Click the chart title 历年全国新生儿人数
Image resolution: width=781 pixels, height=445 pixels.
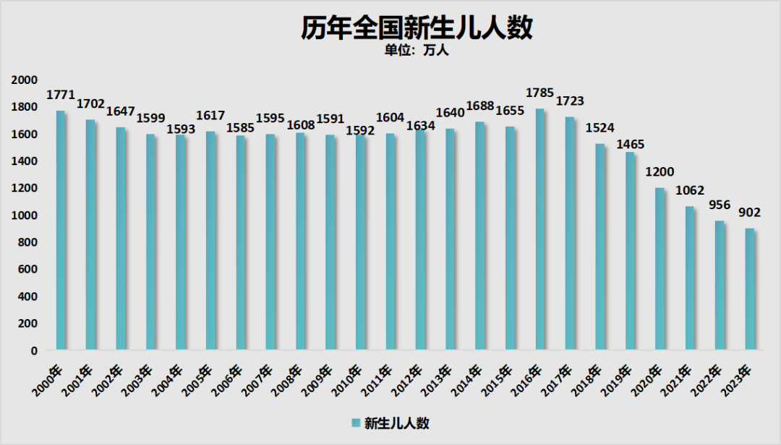(417, 28)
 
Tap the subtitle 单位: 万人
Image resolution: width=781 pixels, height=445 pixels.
(417, 51)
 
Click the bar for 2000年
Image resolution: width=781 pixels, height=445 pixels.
(61, 231)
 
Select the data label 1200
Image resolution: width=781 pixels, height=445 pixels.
(660, 172)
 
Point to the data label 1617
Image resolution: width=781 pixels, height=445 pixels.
(210, 116)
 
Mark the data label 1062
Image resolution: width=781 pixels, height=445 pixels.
(690, 191)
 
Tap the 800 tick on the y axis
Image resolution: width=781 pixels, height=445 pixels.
(28, 242)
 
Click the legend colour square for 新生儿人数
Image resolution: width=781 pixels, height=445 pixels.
(356, 423)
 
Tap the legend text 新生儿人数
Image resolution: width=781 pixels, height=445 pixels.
(397, 423)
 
